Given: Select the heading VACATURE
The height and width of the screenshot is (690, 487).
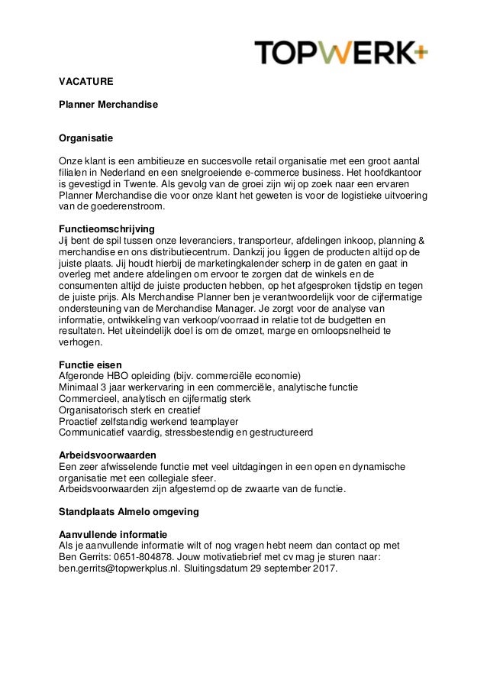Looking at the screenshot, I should coord(86,79).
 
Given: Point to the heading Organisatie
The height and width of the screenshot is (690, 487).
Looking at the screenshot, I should coord(86,139).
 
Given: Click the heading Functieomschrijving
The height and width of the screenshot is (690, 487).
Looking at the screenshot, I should coord(107,228).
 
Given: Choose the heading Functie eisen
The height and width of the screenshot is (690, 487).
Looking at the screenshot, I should coord(90,364).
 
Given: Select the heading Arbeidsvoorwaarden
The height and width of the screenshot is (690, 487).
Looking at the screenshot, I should coord(108,455).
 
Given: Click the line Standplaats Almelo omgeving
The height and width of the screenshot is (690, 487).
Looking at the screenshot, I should coord(128,511).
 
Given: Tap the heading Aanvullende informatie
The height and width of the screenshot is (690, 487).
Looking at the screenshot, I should coord(113,533).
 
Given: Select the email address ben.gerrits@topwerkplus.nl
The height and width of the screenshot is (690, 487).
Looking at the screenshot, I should coord(119,569).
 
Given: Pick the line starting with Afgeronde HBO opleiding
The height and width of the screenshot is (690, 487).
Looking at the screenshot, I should coord(180,375).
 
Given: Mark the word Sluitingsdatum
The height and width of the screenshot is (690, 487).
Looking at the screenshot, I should coord(214,569).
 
